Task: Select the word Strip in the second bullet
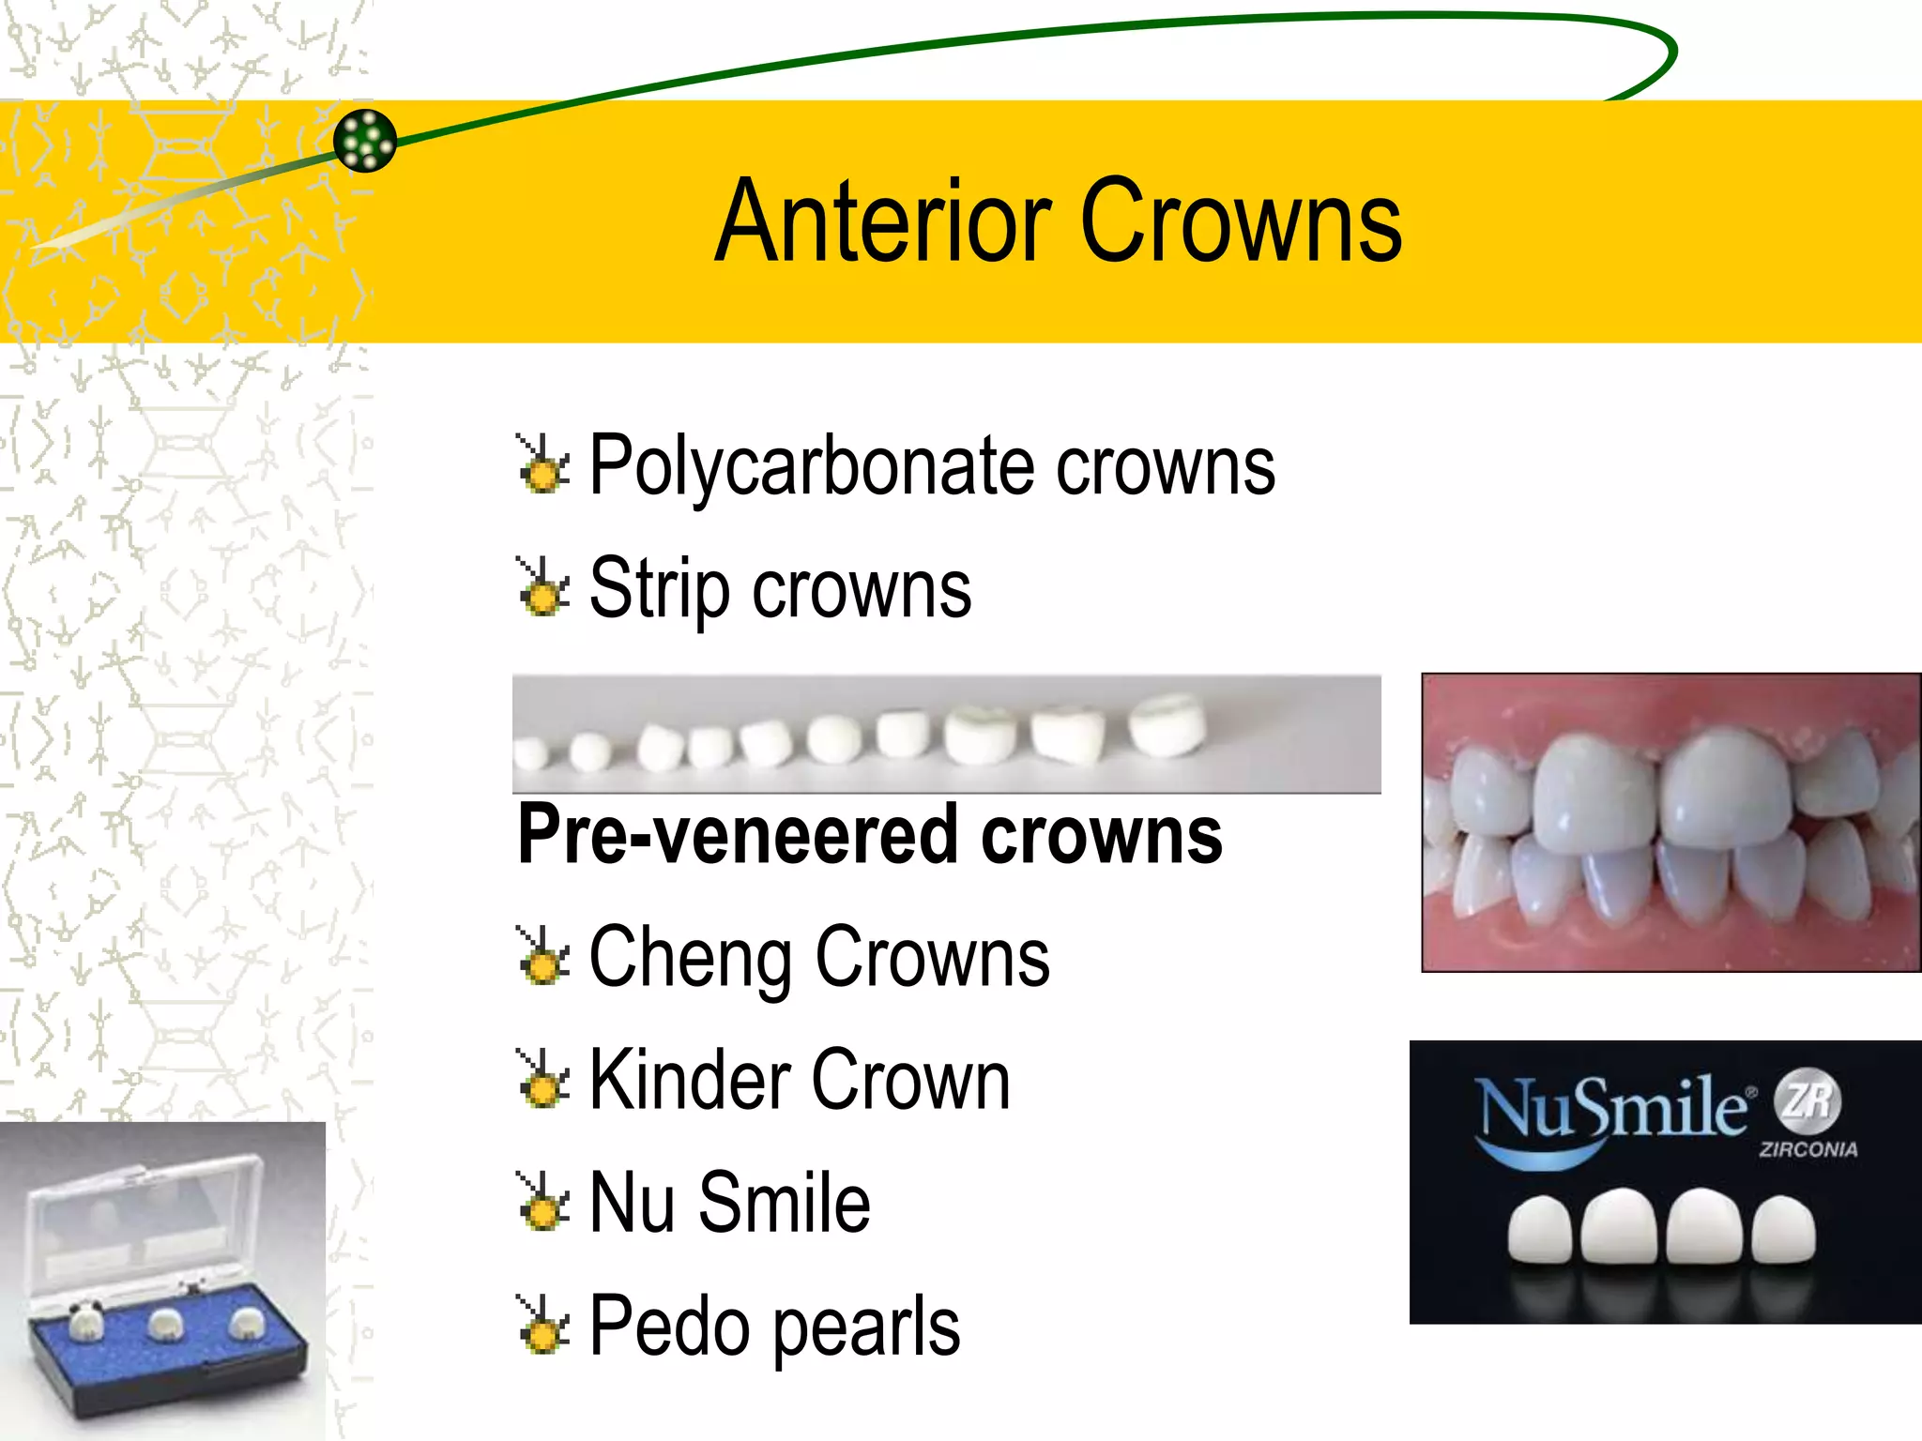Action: coord(659,589)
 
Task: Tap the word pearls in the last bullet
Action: coord(866,1327)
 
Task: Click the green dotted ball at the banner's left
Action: coord(365,141)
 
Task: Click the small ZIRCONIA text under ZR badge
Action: coord(1808,1149)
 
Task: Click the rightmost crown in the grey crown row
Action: coord(1167,724)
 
